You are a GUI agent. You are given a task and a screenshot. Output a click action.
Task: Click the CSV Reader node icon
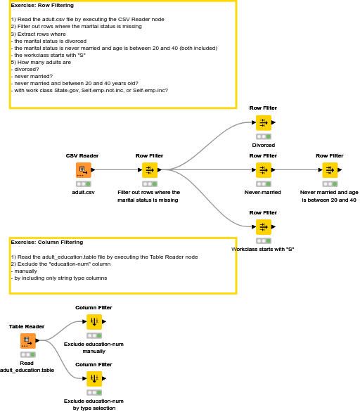pyautogui.click(x=83, y=170)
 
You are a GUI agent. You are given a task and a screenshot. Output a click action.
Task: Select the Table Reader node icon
pyautogui.click(x=27, y=341)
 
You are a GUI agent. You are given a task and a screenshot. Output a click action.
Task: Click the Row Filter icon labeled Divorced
pyautogui.click(x=263, y=122)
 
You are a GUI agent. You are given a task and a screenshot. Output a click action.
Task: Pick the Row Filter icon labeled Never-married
pyautogui.click(x=263, y=170)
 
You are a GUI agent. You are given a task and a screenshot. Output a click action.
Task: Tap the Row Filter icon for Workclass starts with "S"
pyautogui.click(x=263, y=226)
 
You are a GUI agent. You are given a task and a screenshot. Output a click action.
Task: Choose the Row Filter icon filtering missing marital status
pyautogui.click(x=149, y=170)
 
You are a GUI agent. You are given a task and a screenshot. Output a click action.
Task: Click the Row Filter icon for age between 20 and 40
pyautogui.click(x=329, y=170)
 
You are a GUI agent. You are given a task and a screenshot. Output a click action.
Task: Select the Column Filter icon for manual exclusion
pyautogui.click(x=94, y=322)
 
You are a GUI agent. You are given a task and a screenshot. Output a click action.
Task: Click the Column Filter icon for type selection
pyautogui.click(x=94, y=379)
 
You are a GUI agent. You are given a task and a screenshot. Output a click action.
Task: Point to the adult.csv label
pyautogui.click(x=83, y=192)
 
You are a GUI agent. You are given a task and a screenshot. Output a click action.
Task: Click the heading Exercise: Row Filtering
pyautogui.click(x=42, y=6)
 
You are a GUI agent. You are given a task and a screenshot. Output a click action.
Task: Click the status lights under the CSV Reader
pyautogui.click(x=83, y=184)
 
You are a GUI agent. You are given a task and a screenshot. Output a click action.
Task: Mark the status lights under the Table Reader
pyautogui.click(x=27, y=354)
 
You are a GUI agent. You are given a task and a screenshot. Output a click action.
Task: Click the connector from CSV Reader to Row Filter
pyautogui.click(x=116, y=169)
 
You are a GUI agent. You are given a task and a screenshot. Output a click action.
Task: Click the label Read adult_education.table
pyautogui.click(x=27, y=366)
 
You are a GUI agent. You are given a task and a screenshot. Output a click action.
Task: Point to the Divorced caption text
pyautogui.click(x=263, y=145)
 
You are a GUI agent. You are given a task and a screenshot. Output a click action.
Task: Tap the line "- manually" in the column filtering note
pyautogui.click(x=25, y=271)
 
